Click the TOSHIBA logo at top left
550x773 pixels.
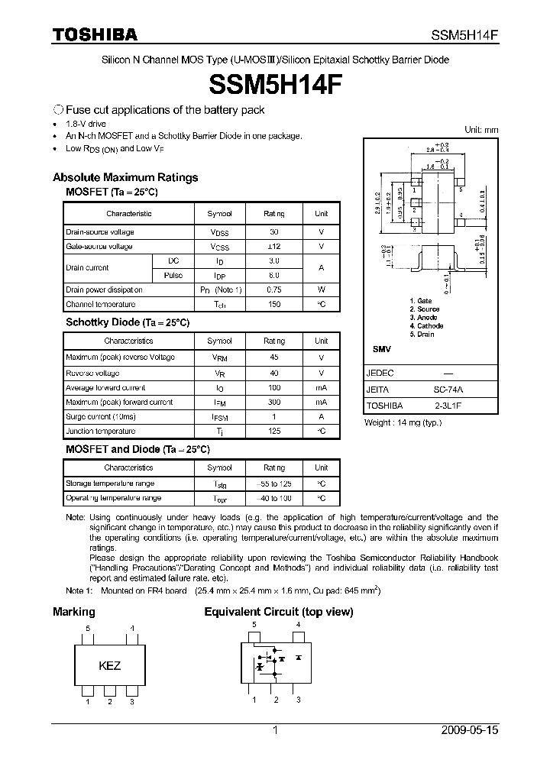(x=95, y=34)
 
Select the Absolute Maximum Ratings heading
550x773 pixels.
(x=125, y=177)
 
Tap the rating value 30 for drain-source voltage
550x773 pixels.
(x=274, y=231)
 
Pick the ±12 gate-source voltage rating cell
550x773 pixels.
(x=274, y=247)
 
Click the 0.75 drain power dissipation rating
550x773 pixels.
(x=274, y=289)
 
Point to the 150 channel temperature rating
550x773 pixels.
(x=274, y=305)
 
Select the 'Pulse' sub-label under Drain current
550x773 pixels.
(x=173, y=275)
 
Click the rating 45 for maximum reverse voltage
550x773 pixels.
(x=274, y=357)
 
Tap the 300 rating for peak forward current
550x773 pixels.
(x=274, y=402)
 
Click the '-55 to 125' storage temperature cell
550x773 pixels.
(x=274, y=484)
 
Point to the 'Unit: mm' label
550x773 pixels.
(x=481, y=130)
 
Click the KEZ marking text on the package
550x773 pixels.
(x=110, y=665)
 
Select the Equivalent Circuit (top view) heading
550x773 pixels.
(x=278, y=612)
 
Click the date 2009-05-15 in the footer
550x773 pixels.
(x=469, y=730)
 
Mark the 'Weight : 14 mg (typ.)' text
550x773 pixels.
(x=403, y=422)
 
